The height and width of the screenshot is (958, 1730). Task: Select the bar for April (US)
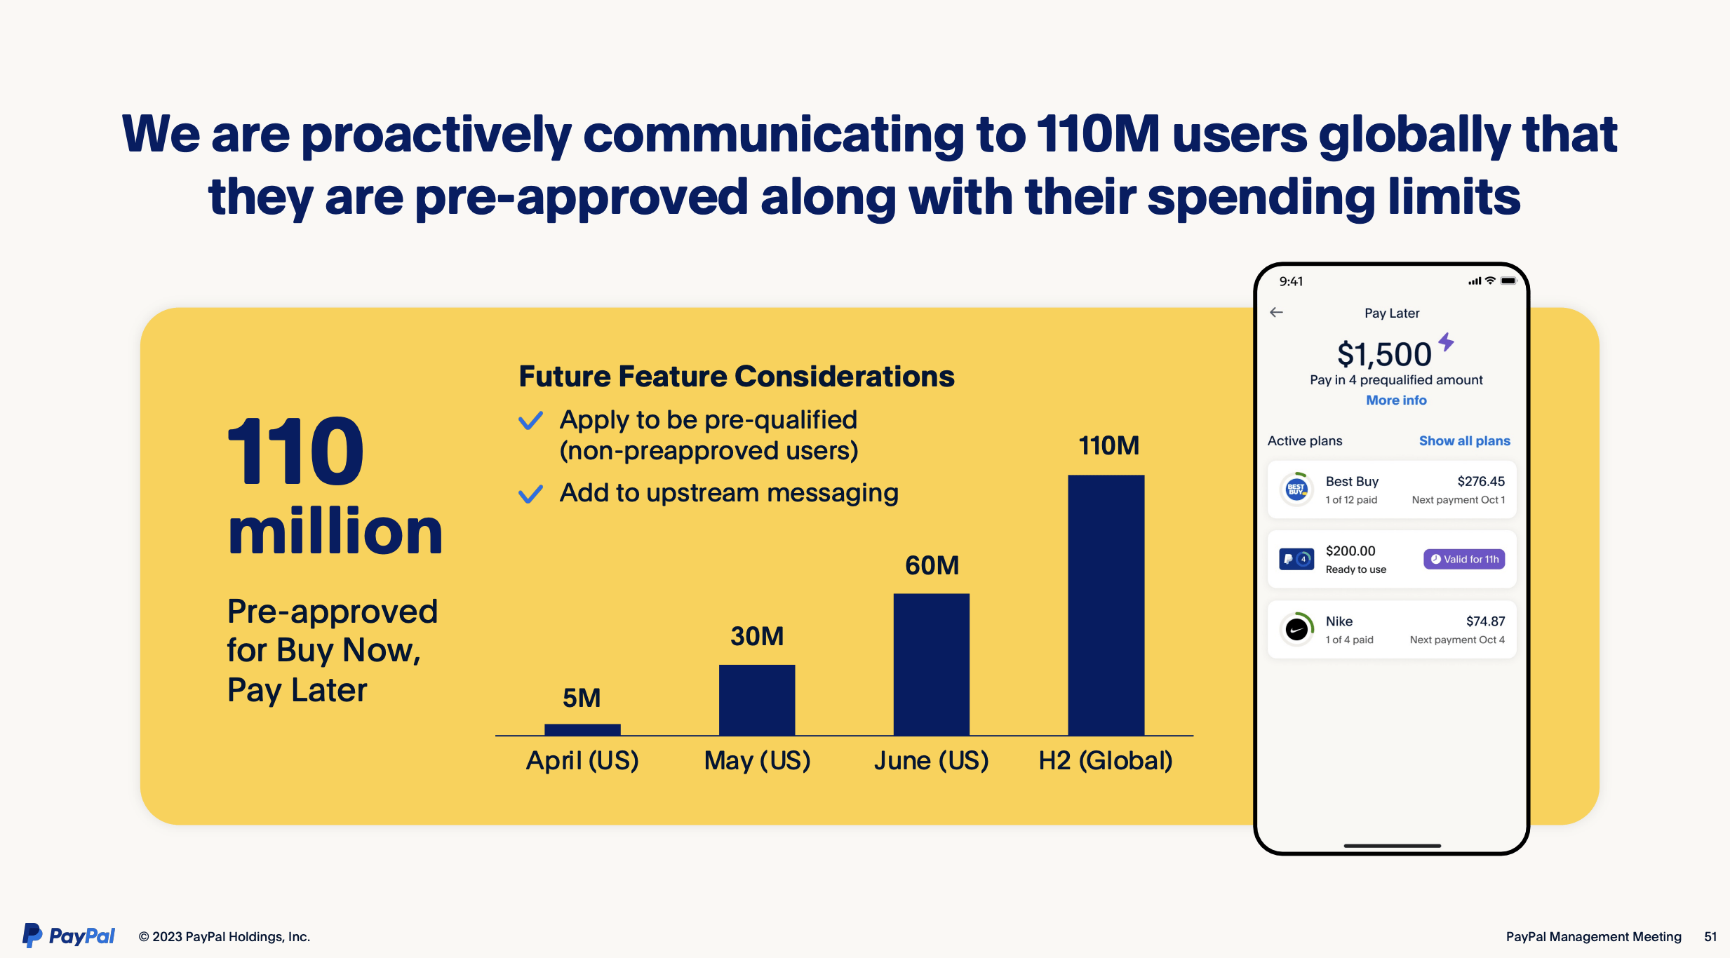tap(582, 729)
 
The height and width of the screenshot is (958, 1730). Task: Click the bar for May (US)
tap(757, 700)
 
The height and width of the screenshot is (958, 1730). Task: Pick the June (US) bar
tap(932, 664)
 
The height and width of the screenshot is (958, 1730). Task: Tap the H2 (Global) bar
tap(1106, 605)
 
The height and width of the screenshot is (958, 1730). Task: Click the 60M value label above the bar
tap(932, 565)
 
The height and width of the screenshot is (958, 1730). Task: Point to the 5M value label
tap(582, 698)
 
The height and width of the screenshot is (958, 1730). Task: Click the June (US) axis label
tap(931, 761)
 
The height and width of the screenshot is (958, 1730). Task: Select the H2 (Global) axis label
tap(1106, 761)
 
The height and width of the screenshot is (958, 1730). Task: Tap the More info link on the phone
tap(1396, 400)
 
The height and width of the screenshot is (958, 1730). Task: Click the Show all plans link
tap(1464, 440)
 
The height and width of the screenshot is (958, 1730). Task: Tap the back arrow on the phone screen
tap(1276, 312)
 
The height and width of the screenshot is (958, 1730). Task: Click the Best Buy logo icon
tap(1296, 490)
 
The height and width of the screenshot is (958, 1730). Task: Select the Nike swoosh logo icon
tap(1296, 629)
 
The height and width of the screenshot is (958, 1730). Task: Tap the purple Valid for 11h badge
tap(1464, 559)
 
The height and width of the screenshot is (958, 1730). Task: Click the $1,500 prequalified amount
tap(1384, 354)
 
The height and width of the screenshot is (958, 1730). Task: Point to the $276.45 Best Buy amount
tap(1481, 481)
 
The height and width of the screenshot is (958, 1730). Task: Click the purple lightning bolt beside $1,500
tap(1446, 342)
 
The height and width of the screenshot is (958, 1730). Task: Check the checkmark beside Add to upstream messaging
tap(530, 494)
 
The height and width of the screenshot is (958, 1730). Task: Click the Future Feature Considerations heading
tap(737, 377)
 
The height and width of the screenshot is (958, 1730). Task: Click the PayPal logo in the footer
tap(69, 936)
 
